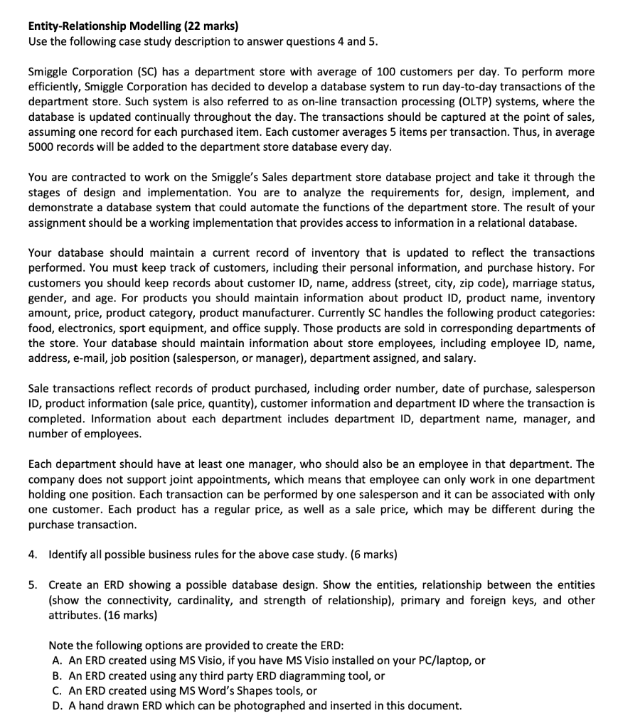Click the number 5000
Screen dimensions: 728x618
pos(43,147)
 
